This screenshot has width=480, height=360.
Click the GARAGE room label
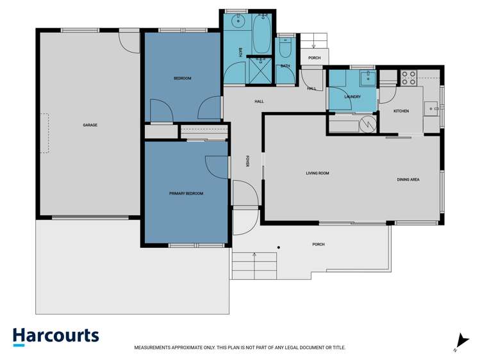tap(90, 125)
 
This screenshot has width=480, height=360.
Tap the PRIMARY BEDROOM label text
tap(186, 193)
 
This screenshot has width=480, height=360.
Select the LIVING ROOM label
tap(317, 173)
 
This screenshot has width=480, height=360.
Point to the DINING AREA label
tap(408, 179)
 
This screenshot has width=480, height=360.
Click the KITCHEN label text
tap(401, 111)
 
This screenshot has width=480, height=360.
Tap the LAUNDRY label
tap(352, 97)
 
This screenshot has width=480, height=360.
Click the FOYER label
tap(247, 161)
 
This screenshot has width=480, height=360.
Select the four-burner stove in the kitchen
tap(409, 78)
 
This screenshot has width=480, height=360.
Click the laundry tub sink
tap(368, 79)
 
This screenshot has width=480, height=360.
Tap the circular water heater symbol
tap(368, 124)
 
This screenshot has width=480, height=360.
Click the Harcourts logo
tap(56, 336)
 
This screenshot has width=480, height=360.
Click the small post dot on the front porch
tap(277, 247)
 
